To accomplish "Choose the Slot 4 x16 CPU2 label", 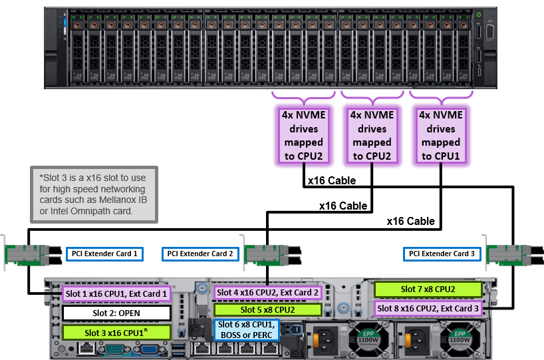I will tap(267, 292).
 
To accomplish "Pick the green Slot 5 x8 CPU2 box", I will tap(267, 309).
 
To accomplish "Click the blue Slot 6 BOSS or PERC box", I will tap(245, 329).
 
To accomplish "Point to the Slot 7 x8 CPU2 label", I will tap(428, 289).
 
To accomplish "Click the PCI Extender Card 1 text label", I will tap(103, 254).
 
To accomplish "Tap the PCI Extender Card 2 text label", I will tap(200, 254).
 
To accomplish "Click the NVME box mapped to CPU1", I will tap(439, 136).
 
